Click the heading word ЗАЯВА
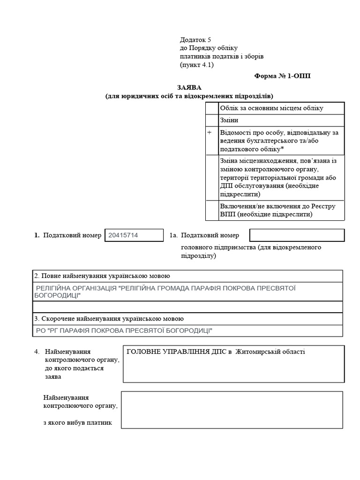pyautogui.click(x=189, y=88)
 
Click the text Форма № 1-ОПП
pyautogui.click(x=282, y=75)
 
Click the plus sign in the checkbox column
pyautogui.click(x=210, y=133)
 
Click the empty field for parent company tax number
pyautogui.click(x=297, y=235)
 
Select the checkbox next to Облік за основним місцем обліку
pyautogui.click(x=212, y=108)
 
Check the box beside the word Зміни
pyautogui.click(x=212, y=120)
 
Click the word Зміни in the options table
pyautogui.click(x=229, y=120)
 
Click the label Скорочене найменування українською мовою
pyautogui.click(x=109, y=319)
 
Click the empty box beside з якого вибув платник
pyautogui.click(x=232, y=410)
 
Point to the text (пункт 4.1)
pyautogui.click(x=196, y=65)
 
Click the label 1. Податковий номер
pyautogui.click(x=68, y=235)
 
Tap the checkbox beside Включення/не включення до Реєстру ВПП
pyautogui.click(x=212, y=210)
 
